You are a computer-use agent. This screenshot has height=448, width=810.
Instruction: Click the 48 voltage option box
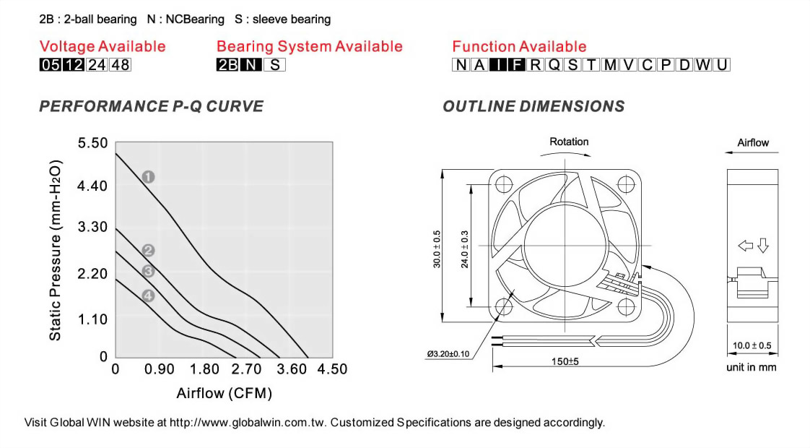[121, 65]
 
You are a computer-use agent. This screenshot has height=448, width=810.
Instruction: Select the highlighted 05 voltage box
[50, 65]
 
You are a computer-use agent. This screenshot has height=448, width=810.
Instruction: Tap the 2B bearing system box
[227, 65]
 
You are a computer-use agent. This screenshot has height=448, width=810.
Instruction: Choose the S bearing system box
[275, 65]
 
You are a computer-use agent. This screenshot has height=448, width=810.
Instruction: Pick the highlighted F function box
[516, 65]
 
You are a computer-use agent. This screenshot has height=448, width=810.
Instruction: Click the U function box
[722, 65]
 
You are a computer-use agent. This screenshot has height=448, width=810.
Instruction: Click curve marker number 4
[148, 296]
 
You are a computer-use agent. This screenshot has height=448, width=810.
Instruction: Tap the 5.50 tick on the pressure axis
[92, 143]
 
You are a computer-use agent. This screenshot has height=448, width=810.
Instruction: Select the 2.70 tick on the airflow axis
[247, 369]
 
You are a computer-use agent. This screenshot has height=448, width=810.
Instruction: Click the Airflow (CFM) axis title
[224, 394]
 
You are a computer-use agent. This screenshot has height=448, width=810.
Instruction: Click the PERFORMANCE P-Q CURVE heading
[151, 107]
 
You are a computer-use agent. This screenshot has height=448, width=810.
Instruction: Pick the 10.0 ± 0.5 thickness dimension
[752, 346]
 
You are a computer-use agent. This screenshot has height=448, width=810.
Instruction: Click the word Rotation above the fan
[569, 142]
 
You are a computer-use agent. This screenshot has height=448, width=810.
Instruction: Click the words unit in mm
[752, 368]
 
